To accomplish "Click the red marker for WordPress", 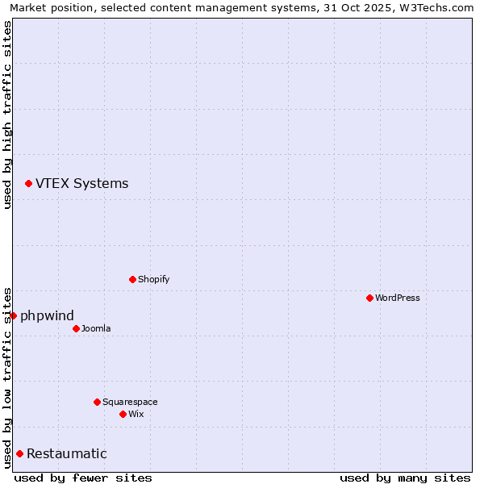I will [369, 298].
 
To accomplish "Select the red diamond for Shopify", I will [132, 279].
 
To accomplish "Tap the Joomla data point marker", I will [76, 328].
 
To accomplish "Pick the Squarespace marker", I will [97, 402].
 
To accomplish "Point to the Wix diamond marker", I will [123, 414].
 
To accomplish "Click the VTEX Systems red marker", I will [28, 184].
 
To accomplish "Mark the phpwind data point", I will [13, 315].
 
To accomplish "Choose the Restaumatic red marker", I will [19, 453].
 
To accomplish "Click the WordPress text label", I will [398, 298].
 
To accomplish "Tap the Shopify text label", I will [153, 279].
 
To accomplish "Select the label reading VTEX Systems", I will [81, 183].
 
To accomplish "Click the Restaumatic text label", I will [66, 453].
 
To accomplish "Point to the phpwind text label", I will [47, 315].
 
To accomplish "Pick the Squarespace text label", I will [130, 402].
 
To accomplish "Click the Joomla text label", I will [96, 328].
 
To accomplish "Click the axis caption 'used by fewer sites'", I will [83, 478].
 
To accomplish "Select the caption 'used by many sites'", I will [405, 478].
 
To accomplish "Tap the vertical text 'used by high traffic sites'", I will [7, 115].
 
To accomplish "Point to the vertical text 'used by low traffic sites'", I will [7, 377].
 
